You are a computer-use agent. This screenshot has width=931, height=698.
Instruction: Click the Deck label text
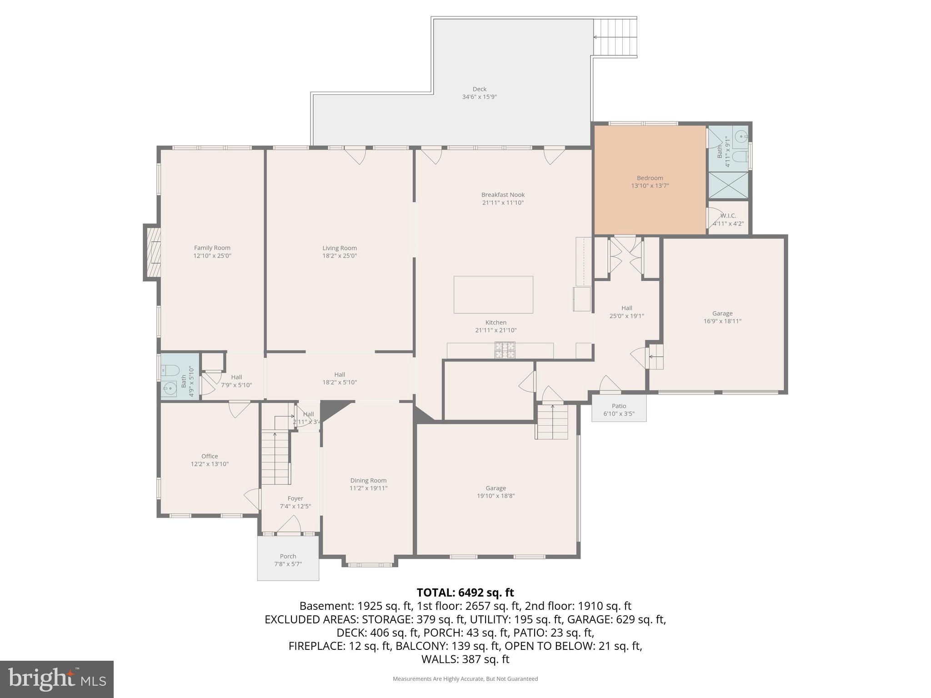(479, 89)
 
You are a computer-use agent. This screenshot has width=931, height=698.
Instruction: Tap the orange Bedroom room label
(650, 178)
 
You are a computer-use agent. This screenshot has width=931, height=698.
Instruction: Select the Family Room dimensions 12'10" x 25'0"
(212, 256)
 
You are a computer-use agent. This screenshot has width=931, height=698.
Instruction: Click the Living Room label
(340, 248)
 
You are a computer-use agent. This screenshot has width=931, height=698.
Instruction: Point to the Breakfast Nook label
(503, 195)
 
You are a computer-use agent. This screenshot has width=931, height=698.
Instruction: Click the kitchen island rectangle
(493, 294)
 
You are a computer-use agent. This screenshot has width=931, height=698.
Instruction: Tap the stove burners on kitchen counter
(505, 350)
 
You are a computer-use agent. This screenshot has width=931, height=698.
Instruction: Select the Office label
(210, 456)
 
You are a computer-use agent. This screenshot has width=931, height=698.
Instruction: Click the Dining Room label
(368, 480)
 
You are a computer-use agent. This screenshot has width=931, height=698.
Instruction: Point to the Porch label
(288, 556)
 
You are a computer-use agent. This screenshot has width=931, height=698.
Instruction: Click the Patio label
(619, 406)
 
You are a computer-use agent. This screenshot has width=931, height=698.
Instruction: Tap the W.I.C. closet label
(728, 216)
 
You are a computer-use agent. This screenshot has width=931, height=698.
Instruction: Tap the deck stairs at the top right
(615, 37)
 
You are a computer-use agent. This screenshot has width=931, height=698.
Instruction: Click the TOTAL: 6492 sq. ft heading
(465, 593)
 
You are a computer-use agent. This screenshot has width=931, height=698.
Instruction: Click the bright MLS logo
(57, 679)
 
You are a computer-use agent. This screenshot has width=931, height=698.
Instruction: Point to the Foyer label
(295, 499)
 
